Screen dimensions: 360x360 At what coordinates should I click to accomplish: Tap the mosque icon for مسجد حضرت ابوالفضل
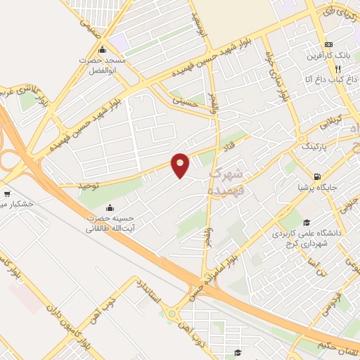click(103, 50)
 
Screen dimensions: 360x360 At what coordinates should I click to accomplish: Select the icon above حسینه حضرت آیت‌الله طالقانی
click(110, 208)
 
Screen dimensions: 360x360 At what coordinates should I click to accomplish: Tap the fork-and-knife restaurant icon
click(337, 69)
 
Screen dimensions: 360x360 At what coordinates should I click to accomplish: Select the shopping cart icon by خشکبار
click(6, 193)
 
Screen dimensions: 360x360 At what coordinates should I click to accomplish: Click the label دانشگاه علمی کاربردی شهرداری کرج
click(311, 238)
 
